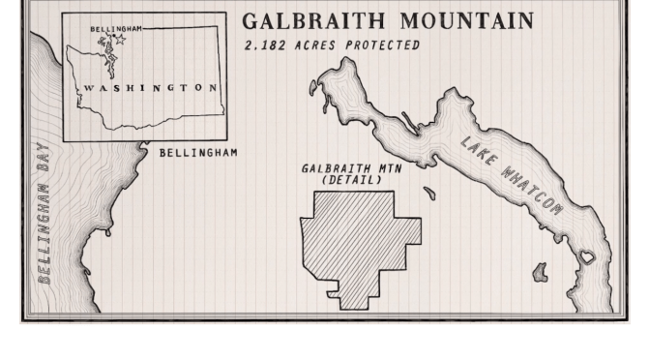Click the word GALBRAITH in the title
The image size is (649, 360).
(x=300, y=21)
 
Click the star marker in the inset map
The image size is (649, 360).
(x=121, y=41)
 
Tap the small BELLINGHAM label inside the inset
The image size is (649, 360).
(x=115, y=29)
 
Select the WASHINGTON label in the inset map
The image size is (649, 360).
(x=150, y=88)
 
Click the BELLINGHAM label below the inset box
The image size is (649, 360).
(x=197, y=153)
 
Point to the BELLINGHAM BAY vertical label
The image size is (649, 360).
(x=44, y=222)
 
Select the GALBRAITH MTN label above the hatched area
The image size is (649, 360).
(x=350, y=168)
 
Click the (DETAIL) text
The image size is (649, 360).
(x=350, y=179)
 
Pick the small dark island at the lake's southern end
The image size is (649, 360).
(x=540, y=274)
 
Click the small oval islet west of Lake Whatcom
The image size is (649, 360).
(x=429, y=194)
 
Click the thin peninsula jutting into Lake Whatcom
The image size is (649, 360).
(x=410, y=123)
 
